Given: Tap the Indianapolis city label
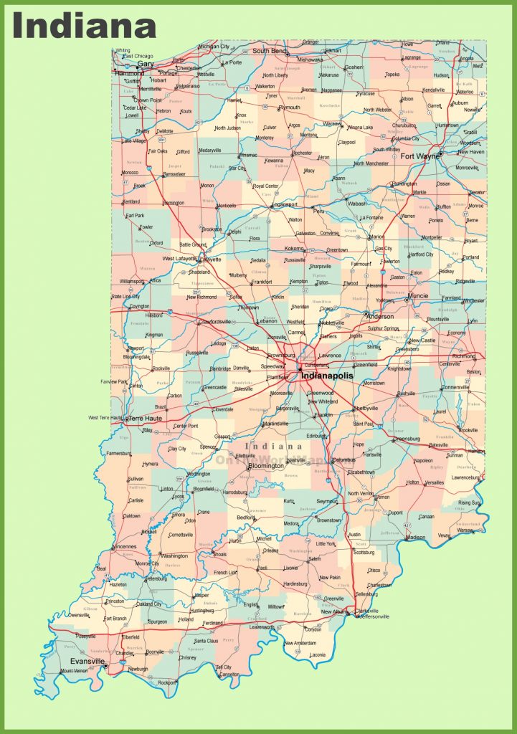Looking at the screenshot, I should [x=327, y=375].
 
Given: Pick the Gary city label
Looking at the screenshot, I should [x=146, y=63].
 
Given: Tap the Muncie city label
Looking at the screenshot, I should [x=417, y=295].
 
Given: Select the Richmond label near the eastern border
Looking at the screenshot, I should [x=463, y=356].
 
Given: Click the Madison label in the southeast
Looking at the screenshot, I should [x=415, y=537].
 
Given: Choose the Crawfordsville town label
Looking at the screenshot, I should [x=214, y=322].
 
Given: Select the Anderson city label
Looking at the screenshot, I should [x=380, y=315].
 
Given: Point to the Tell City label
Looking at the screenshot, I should [x=224, y=667].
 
